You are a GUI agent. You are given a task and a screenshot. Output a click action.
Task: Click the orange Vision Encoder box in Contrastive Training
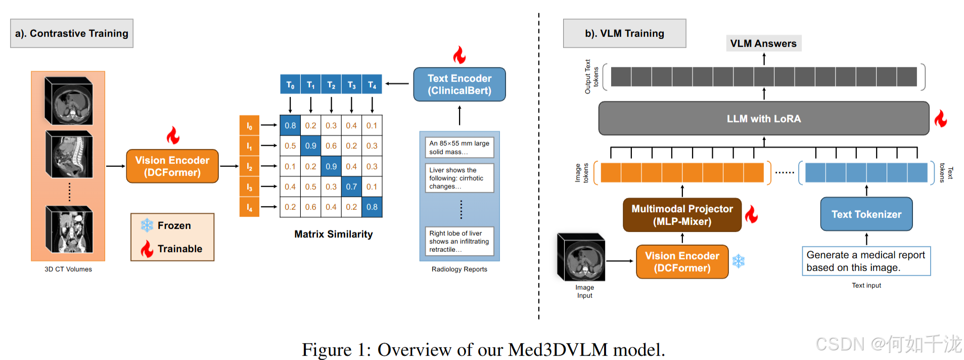pos(172,166)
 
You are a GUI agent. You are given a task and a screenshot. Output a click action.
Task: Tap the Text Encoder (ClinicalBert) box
pos(459,84)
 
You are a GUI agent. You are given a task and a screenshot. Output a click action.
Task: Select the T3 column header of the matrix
pos(351,84)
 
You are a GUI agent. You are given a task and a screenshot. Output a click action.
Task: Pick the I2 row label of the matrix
pos(249,166)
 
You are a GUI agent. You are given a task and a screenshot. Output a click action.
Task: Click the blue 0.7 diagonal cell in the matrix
pos(351,187)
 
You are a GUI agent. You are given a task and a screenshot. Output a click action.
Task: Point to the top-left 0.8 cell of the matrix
pos(290,125)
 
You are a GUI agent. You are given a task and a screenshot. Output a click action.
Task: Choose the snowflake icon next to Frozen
pos(147,226)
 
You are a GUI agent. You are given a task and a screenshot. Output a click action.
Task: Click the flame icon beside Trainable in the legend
pos(147,248)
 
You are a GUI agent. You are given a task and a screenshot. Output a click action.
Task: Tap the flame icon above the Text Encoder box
pos(459,55)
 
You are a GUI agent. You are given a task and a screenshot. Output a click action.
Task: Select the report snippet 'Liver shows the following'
pos(459,178)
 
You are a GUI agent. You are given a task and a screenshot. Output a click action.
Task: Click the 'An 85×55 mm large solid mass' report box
pos(459,148)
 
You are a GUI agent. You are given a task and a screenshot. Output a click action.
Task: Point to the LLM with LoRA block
pos(763,119)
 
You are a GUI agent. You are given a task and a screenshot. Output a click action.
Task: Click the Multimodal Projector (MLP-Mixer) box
pos(682,215)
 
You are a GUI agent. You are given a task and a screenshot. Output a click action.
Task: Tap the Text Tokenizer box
pos(866,214)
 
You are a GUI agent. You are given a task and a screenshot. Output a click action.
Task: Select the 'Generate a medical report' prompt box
pos(866,261)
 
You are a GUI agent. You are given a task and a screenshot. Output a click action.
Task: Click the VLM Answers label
pos(763,43)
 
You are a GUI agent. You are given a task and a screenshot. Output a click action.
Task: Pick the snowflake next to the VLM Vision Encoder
pos(739,261)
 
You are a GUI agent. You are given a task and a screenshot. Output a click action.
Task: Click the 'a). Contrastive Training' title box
pos(72,33)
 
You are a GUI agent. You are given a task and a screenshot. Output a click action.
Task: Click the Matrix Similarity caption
pos(333,234)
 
